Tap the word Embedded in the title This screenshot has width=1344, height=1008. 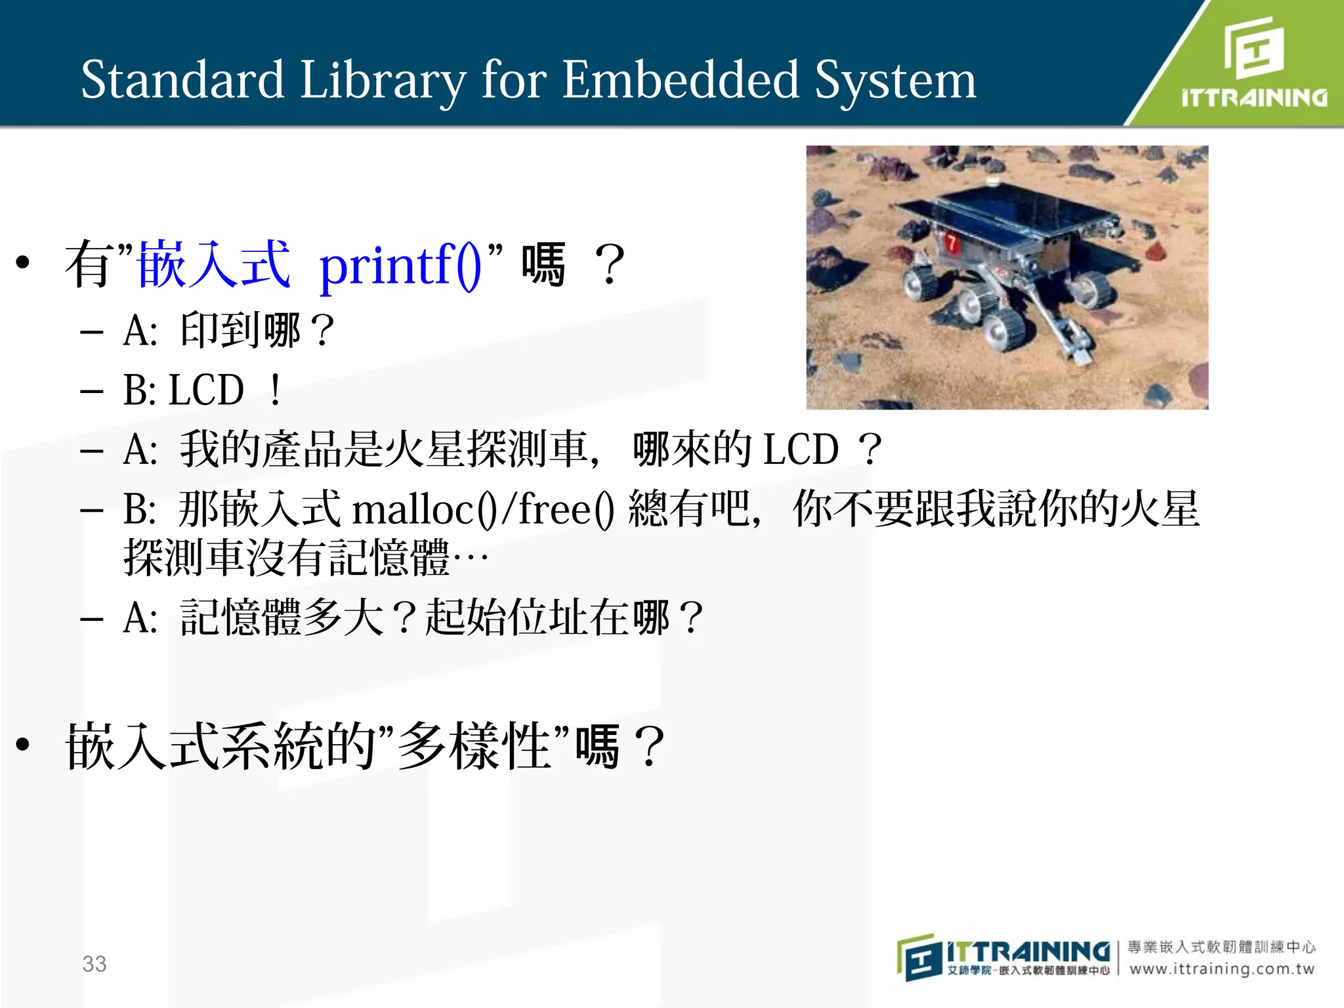tap(680, 80)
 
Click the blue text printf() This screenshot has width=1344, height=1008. tap(401, 266)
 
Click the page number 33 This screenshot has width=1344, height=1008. tap(94, 963)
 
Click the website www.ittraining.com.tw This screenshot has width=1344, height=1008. tap(1222, 969)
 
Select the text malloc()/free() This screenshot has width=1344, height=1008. tap(482, 509)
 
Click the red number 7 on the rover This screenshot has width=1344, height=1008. tap(951, 244)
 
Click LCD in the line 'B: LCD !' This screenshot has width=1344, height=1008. tap(207, 390)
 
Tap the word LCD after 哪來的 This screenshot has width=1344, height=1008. tap(801, 450)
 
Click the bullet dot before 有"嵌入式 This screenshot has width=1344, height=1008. tap(23, 263)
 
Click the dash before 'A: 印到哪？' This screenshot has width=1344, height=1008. tap(91, 333)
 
